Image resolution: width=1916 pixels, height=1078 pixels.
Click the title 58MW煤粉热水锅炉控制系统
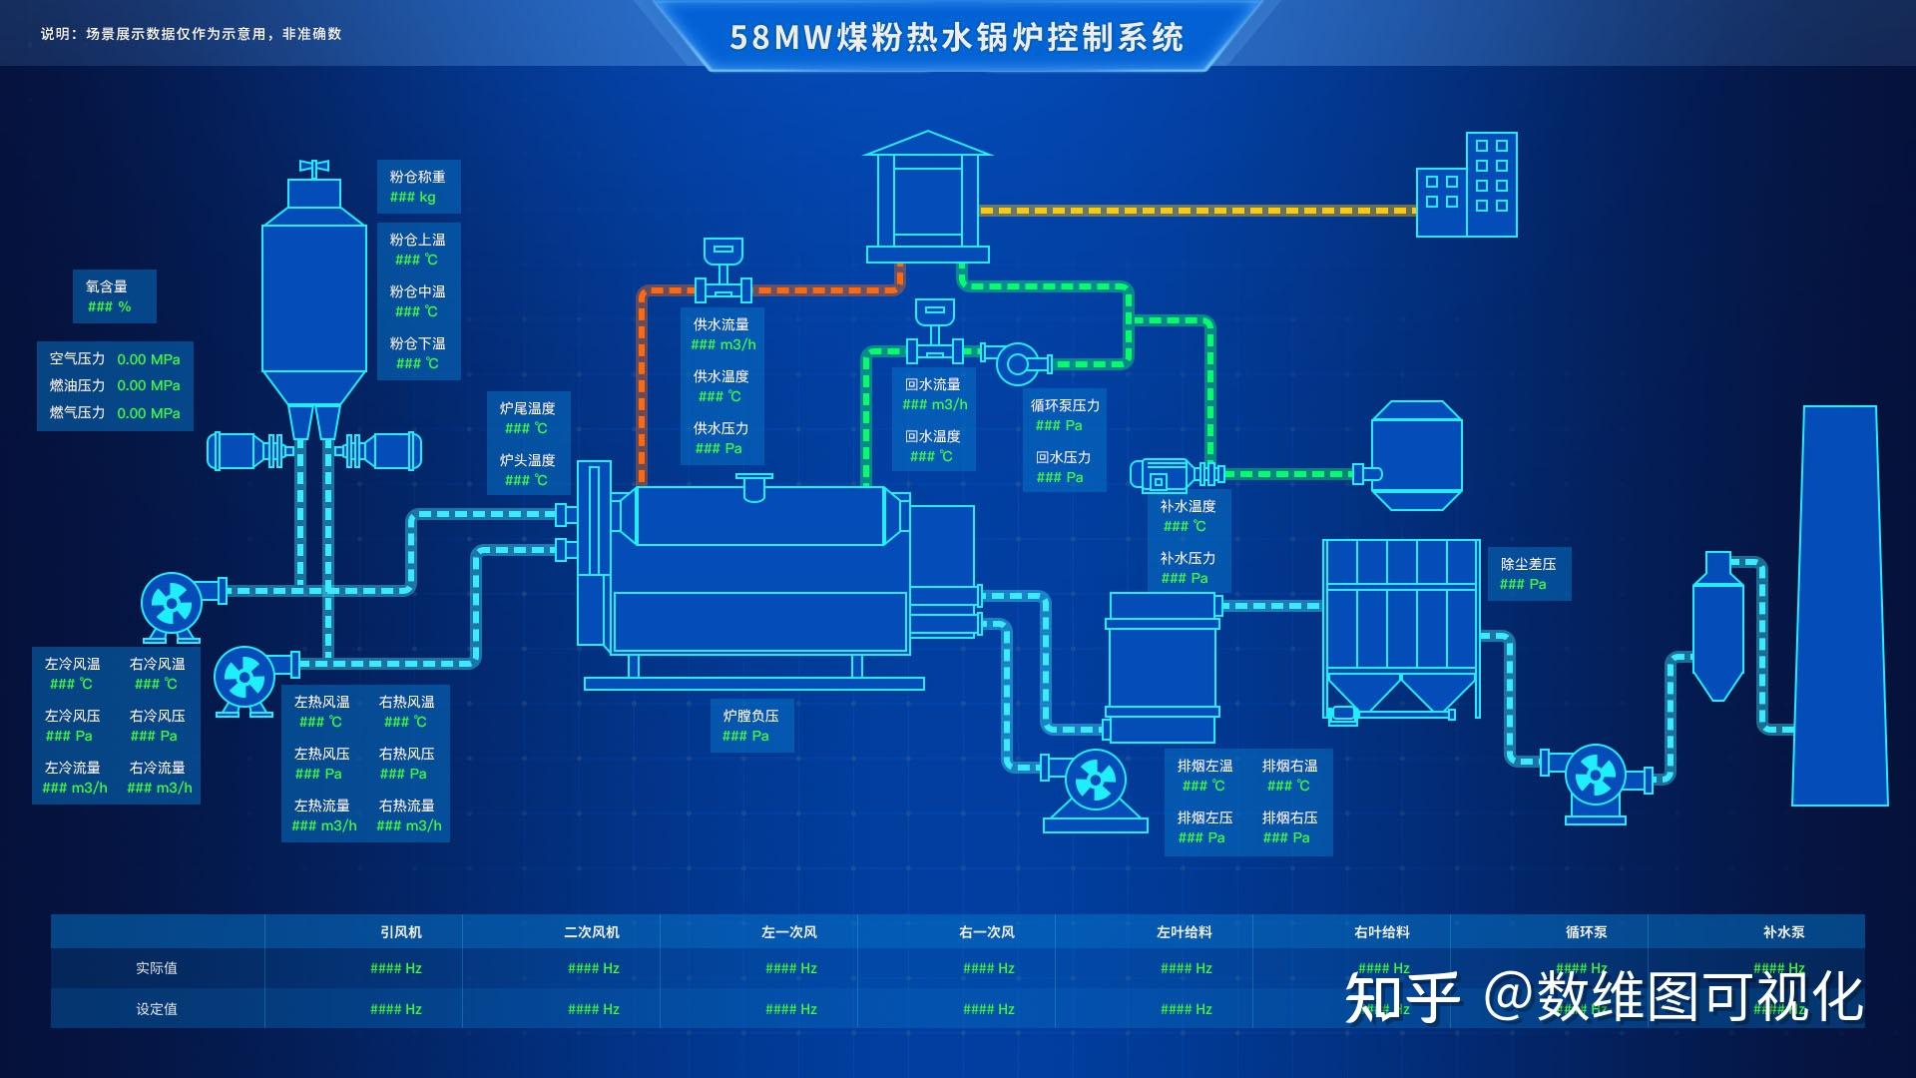coord(956,37)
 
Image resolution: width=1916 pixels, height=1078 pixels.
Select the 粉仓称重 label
coord(417,177)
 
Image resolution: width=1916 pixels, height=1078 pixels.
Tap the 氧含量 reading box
coord(114,296)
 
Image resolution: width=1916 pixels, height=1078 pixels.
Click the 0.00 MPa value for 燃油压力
coord(149,385)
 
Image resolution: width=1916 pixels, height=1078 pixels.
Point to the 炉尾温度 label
coord(527,408)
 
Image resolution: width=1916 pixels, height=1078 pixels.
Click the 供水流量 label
coord(720,324)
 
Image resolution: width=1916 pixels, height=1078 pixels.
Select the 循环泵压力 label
coord(1065,405)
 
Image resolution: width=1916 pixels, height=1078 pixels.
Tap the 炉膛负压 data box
coord(751,726)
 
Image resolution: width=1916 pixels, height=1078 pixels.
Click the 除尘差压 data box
coord(1528,574)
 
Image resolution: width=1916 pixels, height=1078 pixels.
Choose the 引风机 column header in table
coord(400,932)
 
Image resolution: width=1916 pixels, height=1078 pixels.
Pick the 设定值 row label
coord(157,1009)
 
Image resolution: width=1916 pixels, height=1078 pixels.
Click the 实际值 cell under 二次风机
coord(593,968)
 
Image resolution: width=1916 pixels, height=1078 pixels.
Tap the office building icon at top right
coord(1467,187)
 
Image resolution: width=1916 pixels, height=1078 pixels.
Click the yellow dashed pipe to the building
coord(1197,211)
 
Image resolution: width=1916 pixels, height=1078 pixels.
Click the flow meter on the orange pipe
coord(722,269)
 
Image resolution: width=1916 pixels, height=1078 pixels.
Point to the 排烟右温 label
coord(1289,766)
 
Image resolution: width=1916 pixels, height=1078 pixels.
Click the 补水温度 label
coord(1188,506)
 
